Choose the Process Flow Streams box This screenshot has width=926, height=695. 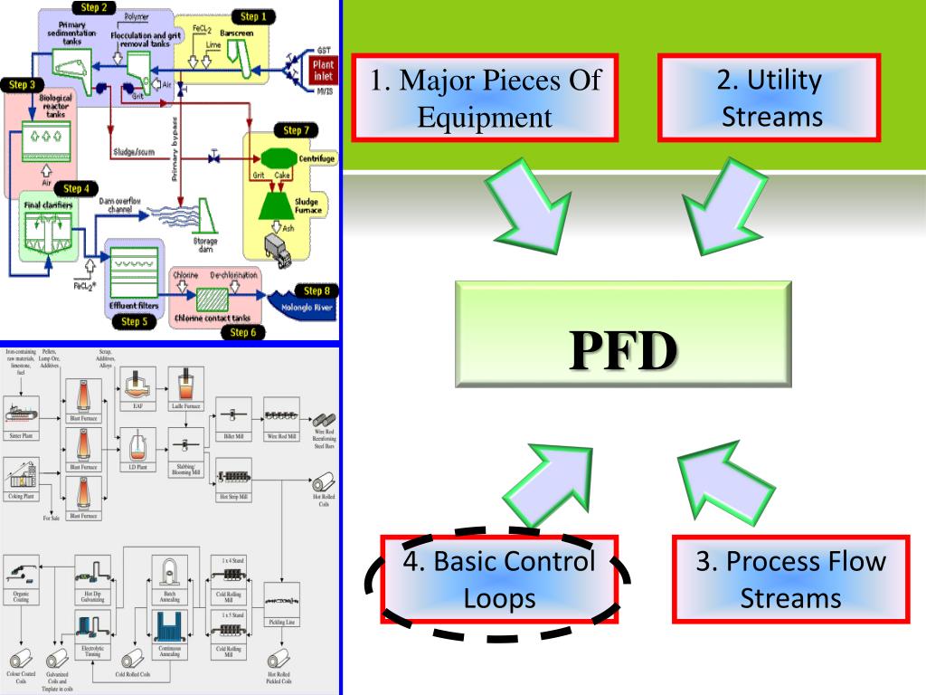pos(791,578)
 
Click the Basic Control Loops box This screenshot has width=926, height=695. pos(498,579)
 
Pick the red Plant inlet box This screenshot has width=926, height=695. pos(321,71)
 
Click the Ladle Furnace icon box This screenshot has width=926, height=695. pos(185,386)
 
